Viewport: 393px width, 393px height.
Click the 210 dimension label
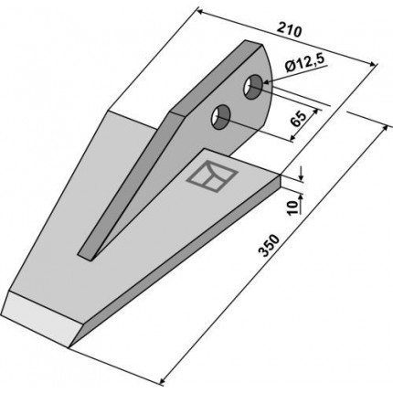coord(289,30)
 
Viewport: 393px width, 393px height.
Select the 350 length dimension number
coord(269,245)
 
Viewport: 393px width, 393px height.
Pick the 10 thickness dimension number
coord(292,208)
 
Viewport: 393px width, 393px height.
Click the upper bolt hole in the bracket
coord(253,87)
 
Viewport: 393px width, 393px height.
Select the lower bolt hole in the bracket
coord(221,117)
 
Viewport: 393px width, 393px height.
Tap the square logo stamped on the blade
coord(212,176)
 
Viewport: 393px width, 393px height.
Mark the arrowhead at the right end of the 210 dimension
coord(373,63)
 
